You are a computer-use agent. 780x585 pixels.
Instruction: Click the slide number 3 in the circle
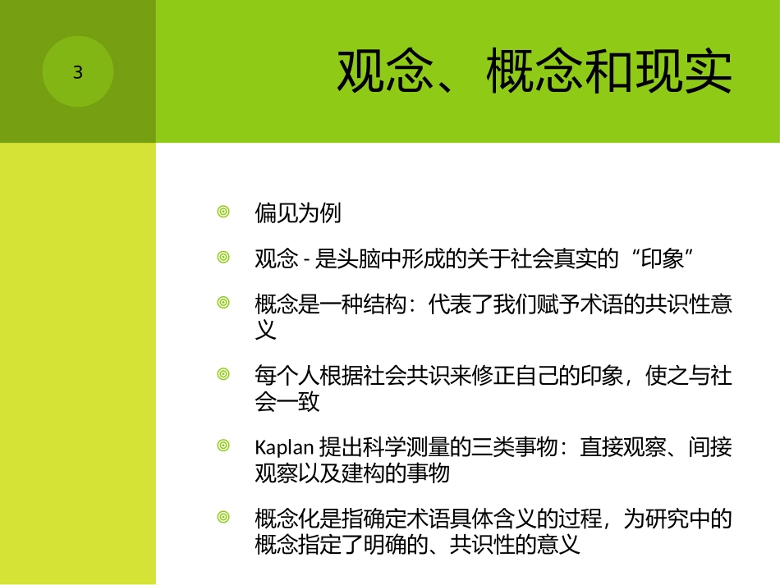[x=78, y=73]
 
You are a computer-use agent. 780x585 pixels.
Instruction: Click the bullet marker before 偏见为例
[x=223, y=213]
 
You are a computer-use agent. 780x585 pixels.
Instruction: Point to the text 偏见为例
[x=297, y=214]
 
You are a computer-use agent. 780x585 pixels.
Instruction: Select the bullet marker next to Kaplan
[x=223, y=446]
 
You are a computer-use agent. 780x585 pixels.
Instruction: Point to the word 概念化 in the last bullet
[x=287, y=519]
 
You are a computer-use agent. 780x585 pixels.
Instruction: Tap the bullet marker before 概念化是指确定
[x=223, y=517]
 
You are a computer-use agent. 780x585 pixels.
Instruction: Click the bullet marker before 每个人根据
[x=223, y=374]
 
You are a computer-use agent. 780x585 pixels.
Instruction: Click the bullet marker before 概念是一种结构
[x=223, y=303]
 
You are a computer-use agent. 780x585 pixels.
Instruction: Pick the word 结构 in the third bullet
[x=384, y=306]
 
